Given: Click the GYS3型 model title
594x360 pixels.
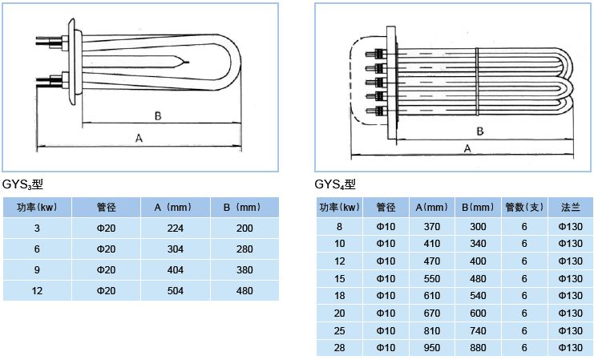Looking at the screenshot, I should (22, 184).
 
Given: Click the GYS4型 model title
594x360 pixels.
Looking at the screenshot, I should (334, 184).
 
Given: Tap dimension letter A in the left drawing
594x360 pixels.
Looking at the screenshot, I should (139, 139).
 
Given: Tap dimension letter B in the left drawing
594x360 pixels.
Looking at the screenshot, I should (158, 117).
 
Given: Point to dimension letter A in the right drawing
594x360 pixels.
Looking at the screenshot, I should (467, 148).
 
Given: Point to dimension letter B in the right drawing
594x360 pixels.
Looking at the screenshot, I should (479, 130).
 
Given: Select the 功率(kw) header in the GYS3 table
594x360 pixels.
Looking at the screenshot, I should (37, 208).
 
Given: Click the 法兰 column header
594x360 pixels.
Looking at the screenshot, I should (570, 208).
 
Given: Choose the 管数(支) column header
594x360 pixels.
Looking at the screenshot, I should (524, 208).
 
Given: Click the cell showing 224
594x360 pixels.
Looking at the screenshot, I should (176, 229).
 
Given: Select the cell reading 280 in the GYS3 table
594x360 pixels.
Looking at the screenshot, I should (244, 249).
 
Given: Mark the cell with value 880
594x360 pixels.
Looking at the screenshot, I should (479, 348).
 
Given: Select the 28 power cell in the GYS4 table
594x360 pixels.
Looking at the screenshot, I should (340, 348).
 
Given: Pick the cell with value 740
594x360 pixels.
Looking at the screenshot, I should (479, 330).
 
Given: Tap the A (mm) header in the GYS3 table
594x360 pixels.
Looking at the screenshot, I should (176, 208).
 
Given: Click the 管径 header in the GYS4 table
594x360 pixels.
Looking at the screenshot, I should (386, 208).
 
